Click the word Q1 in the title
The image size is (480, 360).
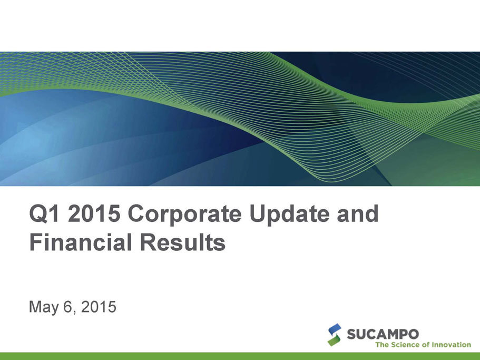click(44, 213)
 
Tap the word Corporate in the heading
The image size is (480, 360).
click(184, 215)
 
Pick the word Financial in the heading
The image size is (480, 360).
click(81, 242)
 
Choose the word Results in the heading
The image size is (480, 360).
click(183, 242)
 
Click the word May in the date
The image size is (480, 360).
click(43, 307)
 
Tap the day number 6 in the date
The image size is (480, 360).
click(67, 306)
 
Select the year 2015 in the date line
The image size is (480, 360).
click(99, 306)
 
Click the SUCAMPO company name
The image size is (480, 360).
click(383, 334)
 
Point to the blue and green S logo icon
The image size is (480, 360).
click(334, 335)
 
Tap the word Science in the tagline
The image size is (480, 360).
click(403, 345)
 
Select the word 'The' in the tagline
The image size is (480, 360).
click(382, 345)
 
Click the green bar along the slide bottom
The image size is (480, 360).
click(240, 356)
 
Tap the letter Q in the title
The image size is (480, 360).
click(38, 214)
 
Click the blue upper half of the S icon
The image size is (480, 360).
click(335, 329)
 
